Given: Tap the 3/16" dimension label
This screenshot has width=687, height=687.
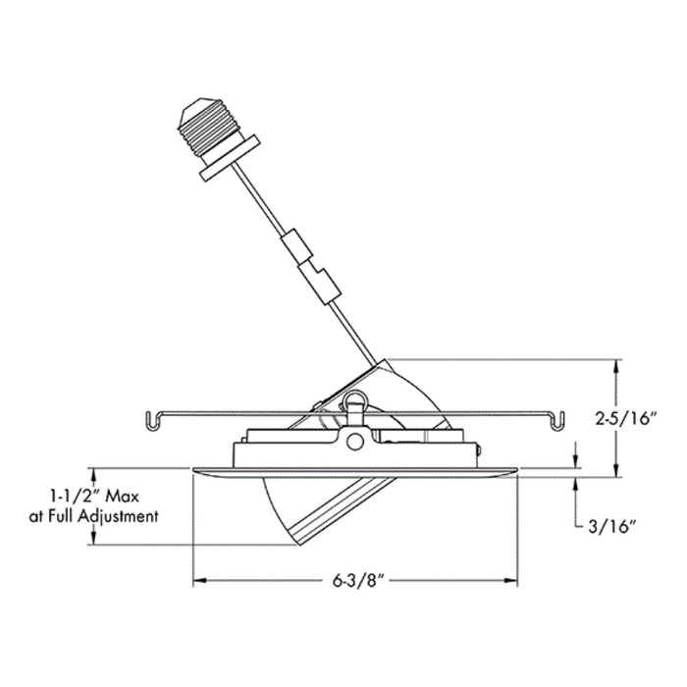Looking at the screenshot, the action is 611,527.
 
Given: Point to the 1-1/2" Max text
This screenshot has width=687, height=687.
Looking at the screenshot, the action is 94,497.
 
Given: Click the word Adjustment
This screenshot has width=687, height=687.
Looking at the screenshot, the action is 118,517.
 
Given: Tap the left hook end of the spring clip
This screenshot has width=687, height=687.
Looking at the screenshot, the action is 151,421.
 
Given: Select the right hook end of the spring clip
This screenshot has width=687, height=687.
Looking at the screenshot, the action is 557,421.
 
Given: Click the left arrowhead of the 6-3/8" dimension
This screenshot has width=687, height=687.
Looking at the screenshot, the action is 200,581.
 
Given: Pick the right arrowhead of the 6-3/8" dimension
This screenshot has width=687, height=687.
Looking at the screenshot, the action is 511,581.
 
